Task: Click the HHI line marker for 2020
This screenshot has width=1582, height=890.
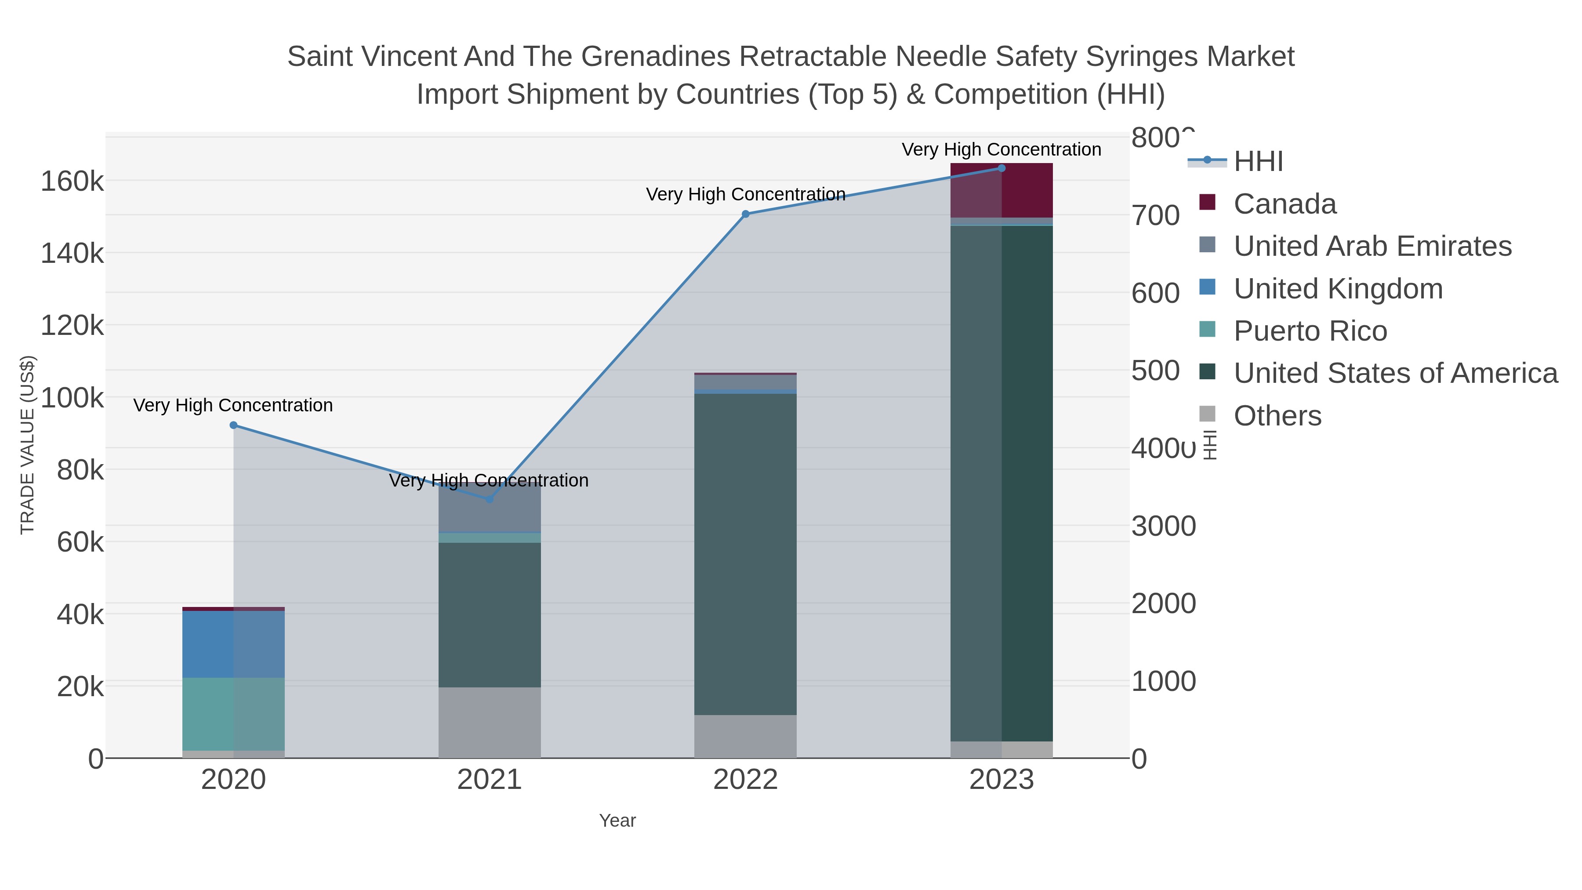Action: (x=233, y=425)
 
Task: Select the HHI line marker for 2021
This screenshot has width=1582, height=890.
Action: (x=490, y=499)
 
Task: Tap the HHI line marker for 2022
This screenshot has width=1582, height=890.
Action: (x=746, y=214)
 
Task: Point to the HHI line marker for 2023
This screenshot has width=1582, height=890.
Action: (x=1001, y=168)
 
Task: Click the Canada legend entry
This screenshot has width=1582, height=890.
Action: (x=1284, y=204)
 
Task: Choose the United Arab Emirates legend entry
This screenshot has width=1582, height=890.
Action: (x=1372, y=246)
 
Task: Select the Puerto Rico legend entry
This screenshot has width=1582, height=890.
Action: (x=1310, y=331)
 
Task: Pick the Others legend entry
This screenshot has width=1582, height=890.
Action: (x=1277, y=416)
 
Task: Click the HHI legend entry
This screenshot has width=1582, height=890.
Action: (x=1258, y=162)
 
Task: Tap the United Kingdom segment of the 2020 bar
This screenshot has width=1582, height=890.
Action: (x=233, y=644)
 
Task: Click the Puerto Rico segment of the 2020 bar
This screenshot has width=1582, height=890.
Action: (x=233, y=714)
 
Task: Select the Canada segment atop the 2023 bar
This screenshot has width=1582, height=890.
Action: (x=1001, y=190)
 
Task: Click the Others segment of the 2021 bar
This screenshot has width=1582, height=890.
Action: (x=490, y=722)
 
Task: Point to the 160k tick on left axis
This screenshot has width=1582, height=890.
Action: (x=73, y=182)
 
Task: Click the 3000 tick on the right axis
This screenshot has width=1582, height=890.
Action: (x=1163, y=527)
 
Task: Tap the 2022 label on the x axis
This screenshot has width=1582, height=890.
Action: (x=746, y=780)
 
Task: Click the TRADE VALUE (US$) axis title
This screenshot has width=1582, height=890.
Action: (x=28, y=445)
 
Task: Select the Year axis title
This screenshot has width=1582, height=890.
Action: (x=617, y=821)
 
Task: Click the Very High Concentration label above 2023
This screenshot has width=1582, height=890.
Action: (x=1001, y=149)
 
